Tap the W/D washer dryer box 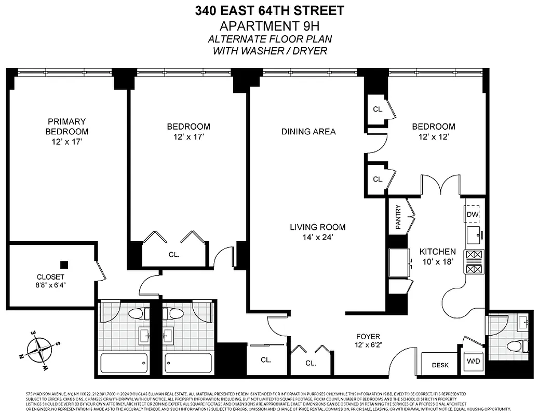(473, 361)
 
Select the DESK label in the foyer (440, 365)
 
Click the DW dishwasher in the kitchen (472, 214)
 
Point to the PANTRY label (398, 216)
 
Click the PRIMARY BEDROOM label (66, 126)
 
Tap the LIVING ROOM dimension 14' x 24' (317, 238)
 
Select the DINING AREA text (308, 132)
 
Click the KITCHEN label (437, 252)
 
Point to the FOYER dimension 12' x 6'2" (368, 344)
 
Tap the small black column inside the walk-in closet (64, 264)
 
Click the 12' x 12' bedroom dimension (433, 137)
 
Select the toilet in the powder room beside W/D (513, 346)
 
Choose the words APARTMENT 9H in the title (270, 26)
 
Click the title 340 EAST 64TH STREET (270, 10)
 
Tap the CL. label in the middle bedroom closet (173, 255)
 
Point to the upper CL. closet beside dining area (378, 109)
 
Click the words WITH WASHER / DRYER (270, 50)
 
